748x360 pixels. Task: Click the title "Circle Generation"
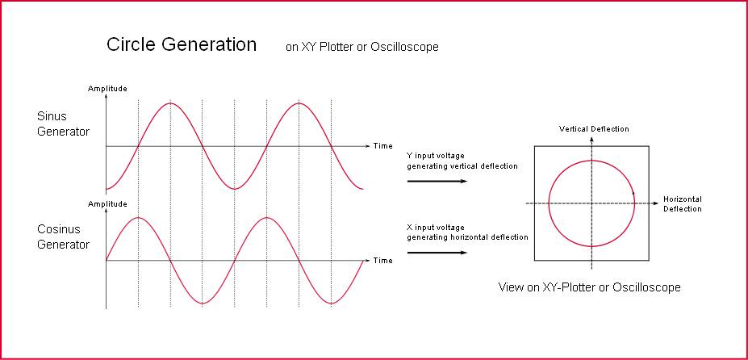point(182,44)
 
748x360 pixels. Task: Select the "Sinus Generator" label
point(63,123)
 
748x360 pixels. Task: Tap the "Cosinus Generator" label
point(63,237)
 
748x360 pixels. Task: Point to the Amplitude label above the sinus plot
point(107,88)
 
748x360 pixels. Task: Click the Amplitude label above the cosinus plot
point(107,204)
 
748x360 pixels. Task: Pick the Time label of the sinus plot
point(383,145)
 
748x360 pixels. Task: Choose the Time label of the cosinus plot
point(383,261)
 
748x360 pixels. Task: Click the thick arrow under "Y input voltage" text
point(437,181)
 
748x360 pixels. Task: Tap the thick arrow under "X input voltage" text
point(437,252)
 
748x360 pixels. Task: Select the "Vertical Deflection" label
point(594,129)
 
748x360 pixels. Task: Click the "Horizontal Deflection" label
point(683,204)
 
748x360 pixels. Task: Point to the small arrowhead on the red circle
point(633,192)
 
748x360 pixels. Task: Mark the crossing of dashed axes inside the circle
point(591,203)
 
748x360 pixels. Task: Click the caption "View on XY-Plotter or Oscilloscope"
point(589,287)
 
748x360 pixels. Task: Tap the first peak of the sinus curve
point(170,103)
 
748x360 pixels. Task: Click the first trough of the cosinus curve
point(203,303)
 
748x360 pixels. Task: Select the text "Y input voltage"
point(435,156)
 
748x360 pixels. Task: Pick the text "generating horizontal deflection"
point(467,237)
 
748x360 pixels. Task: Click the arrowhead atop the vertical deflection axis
point(591,139)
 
